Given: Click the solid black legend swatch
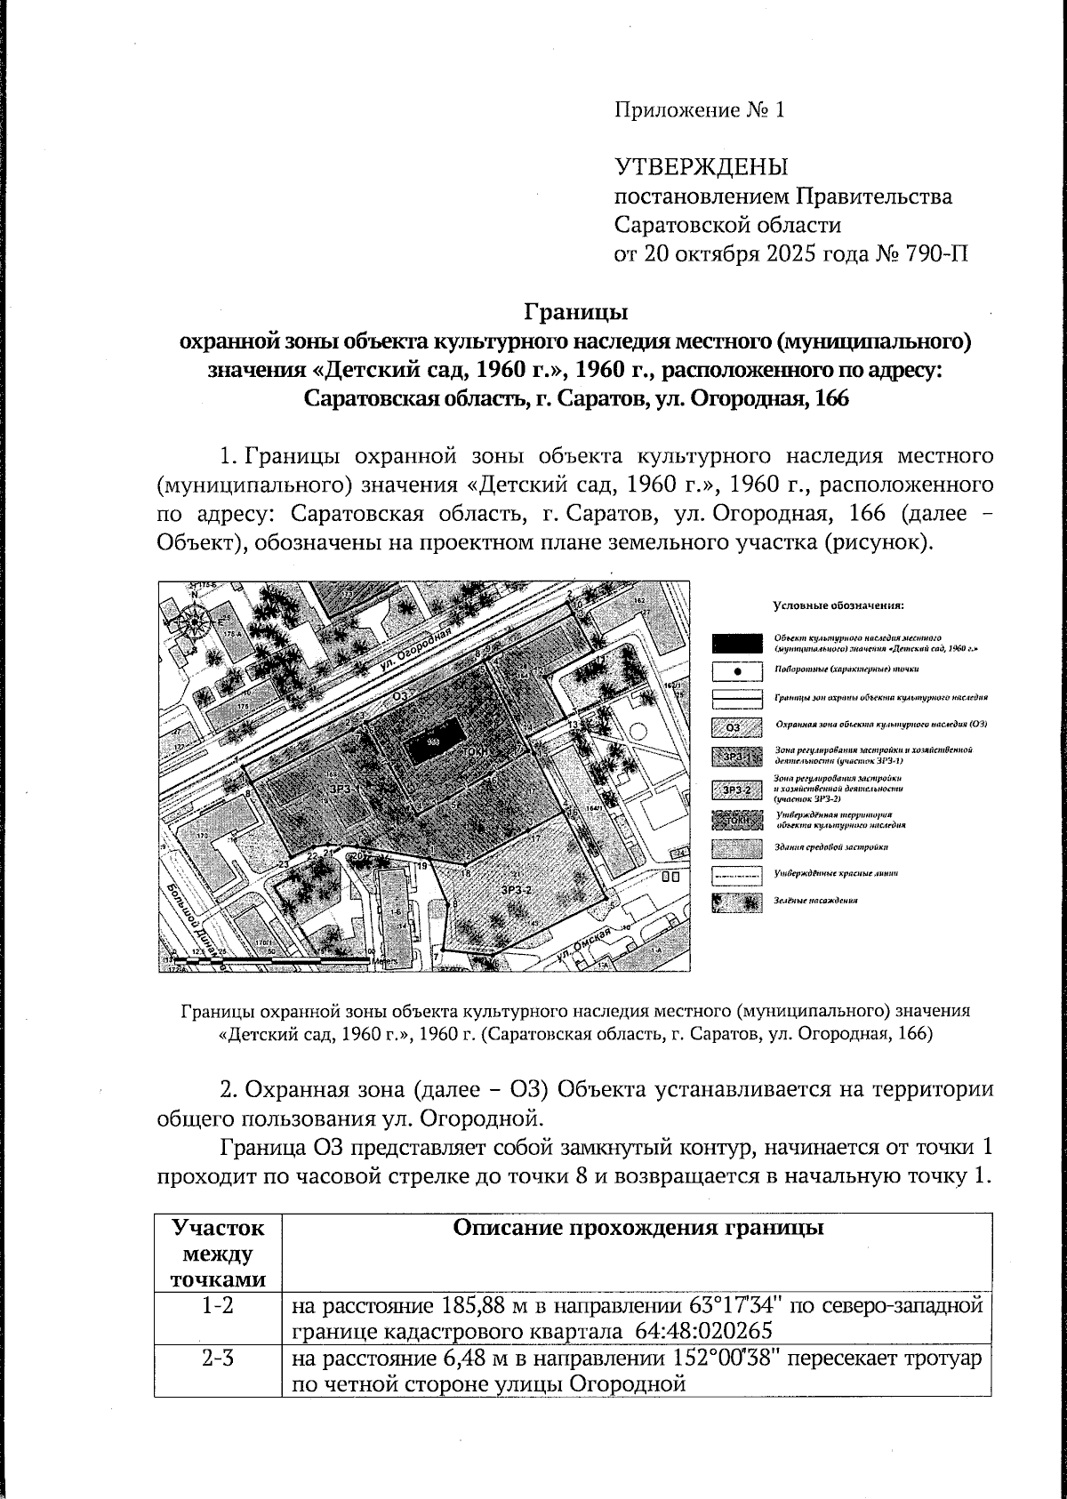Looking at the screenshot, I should [x=737, y=643].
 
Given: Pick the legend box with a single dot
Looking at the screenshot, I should [x=737, y=670].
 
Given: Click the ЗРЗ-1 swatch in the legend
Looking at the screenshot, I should [x=737, y=757].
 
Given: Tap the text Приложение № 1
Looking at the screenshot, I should [x=700, y=110].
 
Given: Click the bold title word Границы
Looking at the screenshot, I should [x=575, y=312].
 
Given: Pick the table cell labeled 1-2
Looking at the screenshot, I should [x=217, y=1306].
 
